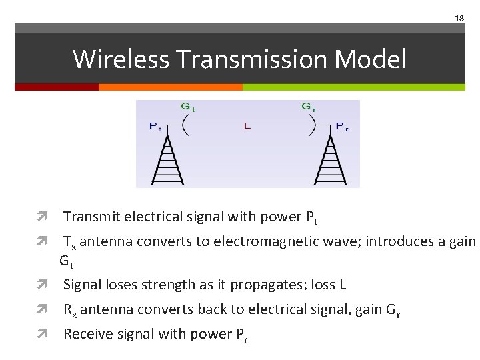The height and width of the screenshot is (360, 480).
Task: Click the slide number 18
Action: pos(459,19)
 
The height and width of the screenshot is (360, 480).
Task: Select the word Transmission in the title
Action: pos(253,59)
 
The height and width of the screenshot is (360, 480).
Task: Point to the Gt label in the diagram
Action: pos(188,107)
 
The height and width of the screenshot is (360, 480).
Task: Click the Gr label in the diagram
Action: pos(309,107)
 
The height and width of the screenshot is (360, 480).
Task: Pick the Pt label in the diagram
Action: pos(155,126)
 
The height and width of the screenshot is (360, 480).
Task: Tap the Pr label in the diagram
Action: pos(341,126)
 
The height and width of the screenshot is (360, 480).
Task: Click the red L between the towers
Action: pos(247,126)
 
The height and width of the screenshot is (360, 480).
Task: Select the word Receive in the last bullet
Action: pos(87,334)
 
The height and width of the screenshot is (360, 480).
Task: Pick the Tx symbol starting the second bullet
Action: pos(69,242)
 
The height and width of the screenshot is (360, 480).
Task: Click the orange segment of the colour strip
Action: pos(170,87)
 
